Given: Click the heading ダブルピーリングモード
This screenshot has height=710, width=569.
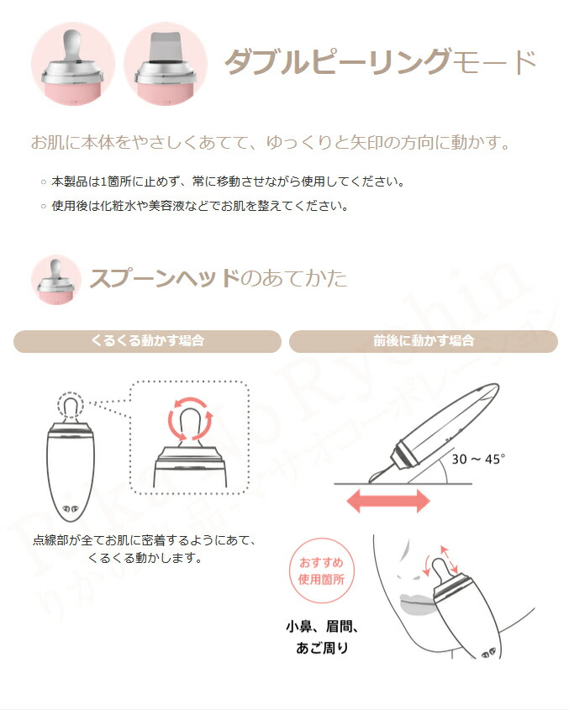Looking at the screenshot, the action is point(381,61).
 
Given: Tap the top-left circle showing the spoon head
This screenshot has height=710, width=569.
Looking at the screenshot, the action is point(73,64).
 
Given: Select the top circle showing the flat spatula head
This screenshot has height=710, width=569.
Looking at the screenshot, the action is point(166,64).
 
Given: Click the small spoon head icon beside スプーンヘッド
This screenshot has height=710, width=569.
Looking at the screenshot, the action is point(56,280).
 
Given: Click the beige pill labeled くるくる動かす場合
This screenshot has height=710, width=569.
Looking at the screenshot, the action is point(147,341).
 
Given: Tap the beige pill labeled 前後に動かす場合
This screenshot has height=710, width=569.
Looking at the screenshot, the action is point(424,341).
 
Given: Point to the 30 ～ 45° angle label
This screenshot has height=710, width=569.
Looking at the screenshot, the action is point(478,459).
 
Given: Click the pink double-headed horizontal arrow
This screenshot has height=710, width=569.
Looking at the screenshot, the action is point(388,501).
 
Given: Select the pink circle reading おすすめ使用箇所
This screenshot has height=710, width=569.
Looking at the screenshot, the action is point(321,571).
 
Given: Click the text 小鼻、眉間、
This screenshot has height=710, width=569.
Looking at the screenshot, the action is point(322,627).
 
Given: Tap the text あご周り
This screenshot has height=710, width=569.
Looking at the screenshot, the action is point(322,648).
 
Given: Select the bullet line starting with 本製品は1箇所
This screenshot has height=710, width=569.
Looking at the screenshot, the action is point(222,181).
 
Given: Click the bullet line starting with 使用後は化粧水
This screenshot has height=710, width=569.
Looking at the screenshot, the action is point(195,206).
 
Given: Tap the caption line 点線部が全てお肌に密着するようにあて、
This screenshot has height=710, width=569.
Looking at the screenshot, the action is point(145,540).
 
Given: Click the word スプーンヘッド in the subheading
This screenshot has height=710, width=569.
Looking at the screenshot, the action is point(165,278).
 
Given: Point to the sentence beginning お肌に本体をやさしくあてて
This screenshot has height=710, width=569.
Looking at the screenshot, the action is point(271,143).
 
